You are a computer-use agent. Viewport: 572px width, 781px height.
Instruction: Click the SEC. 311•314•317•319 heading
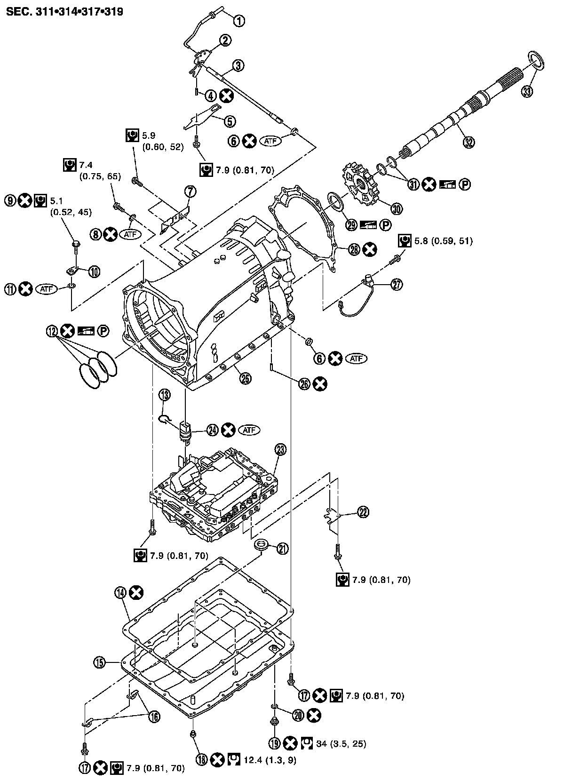(65, 12)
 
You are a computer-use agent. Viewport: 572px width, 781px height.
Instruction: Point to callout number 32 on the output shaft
(469, 142)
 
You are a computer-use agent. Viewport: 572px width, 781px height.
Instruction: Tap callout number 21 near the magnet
(282, 548)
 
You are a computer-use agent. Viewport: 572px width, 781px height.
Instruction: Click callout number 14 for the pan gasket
(120, 593)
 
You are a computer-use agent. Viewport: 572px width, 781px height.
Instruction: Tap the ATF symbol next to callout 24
(249, 430)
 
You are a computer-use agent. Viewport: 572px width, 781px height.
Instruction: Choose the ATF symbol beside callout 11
(46, 289)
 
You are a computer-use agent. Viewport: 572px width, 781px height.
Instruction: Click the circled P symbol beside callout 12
(103, 331)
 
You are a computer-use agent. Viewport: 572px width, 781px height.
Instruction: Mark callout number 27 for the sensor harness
(397, 285)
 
